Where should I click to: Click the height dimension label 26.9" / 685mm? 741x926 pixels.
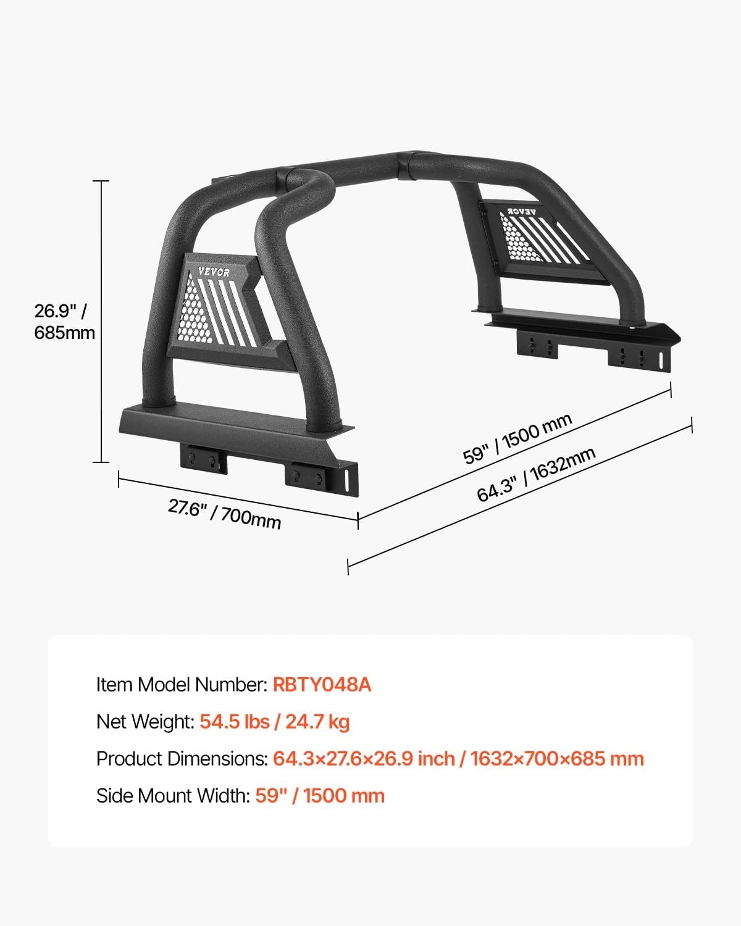coord(65,322)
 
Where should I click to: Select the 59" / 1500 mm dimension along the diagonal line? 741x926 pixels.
coord(517,438)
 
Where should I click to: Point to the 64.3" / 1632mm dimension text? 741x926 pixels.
coord(536,474)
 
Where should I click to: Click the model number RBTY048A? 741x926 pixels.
coord(322,685)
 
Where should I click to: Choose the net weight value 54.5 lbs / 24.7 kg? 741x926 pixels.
coord(275,722)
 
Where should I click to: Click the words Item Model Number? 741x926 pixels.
coord(182,685)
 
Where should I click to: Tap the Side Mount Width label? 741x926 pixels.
coord(173,796)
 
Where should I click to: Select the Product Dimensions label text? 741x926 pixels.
coord(182,759)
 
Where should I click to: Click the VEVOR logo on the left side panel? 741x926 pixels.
coord(214,272)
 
